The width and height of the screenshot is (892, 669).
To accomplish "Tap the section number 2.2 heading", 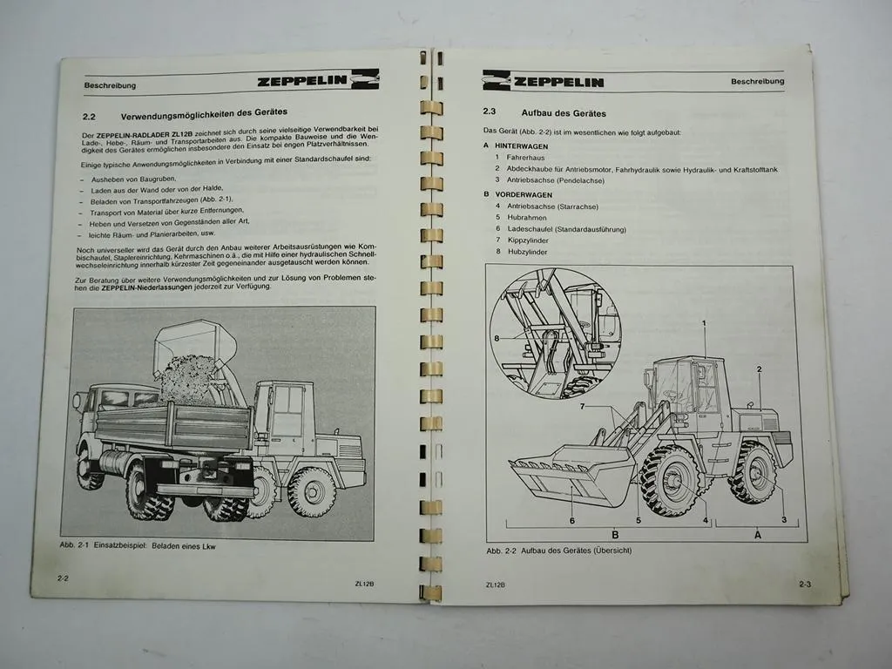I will click(89, 113).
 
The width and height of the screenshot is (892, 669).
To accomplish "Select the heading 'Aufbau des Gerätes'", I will click(564, 113).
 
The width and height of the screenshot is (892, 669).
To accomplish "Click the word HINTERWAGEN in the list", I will click(522, 145).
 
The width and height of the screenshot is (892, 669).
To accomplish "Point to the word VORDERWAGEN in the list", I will click(524, 194).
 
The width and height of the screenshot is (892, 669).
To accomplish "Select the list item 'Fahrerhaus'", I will click(529, 157).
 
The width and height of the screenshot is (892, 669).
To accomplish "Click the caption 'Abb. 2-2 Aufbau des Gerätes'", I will click(558, 551).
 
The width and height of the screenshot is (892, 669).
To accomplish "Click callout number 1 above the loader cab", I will click(704, 324).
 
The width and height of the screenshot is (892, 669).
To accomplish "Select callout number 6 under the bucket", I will click(572, 520).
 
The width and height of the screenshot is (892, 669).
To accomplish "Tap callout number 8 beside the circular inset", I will click(496, 337).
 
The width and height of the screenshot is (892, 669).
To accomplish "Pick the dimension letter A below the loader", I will click(757, 536).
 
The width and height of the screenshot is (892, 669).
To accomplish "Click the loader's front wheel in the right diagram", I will click(671, 480).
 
